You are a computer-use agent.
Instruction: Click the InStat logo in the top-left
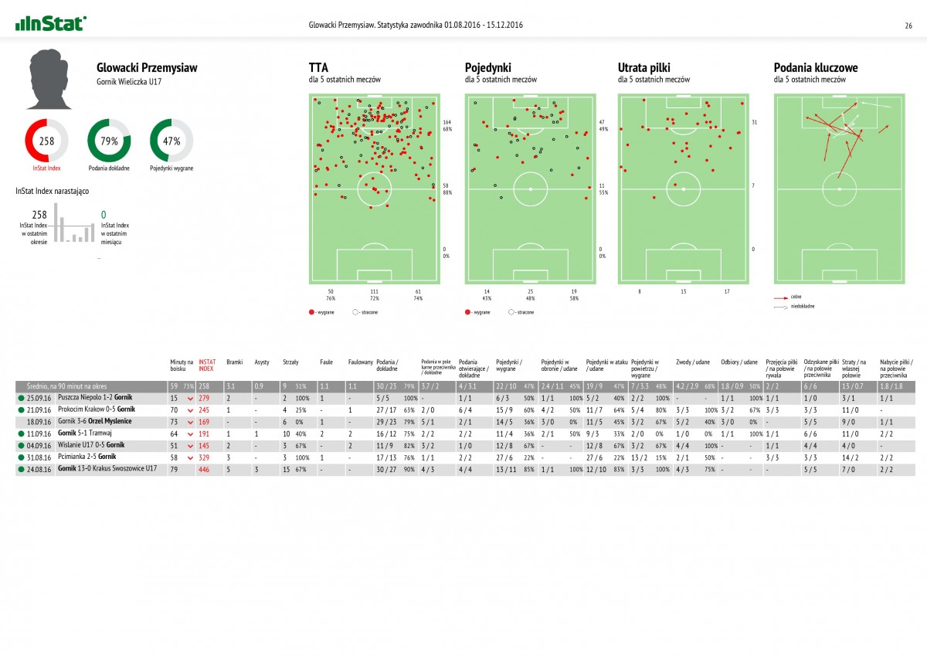coord(51,24)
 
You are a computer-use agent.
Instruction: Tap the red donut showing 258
coord(46,141)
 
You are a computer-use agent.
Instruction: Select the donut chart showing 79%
coord(109,141)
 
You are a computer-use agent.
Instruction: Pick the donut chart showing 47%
coord(171,141)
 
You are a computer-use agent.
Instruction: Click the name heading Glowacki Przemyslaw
coord(147,68)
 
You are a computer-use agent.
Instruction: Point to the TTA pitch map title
coord(317,68)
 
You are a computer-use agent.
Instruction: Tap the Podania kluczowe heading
coord(815,68)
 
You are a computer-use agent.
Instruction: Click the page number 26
coord(908,25)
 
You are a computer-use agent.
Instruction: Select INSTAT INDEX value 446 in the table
coord(205,469)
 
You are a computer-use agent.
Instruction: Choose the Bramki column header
coord(235,362)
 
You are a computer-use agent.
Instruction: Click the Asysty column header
coord(262,362)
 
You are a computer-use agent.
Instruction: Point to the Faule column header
coord(327,362)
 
